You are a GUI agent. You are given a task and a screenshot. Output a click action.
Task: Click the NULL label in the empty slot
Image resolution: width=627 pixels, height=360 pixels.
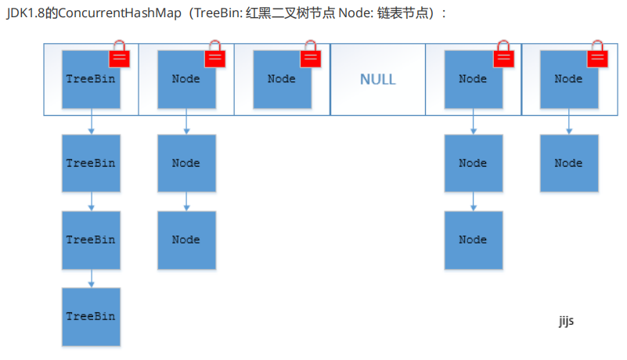(377, 79)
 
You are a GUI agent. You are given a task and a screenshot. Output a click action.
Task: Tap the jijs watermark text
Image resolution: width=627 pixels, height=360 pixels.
(566, 321)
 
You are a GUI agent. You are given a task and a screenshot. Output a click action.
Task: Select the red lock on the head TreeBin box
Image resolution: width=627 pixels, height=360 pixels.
(119, 56)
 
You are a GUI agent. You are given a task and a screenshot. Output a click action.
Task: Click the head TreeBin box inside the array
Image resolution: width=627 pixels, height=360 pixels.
(91, 79)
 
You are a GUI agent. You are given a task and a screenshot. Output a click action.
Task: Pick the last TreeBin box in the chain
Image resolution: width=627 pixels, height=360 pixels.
(91, 317)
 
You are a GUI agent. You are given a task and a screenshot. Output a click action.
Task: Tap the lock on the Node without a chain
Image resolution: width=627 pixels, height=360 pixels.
(310, 56)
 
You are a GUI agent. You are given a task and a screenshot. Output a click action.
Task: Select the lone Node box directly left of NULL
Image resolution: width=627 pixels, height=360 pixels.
(282, 79)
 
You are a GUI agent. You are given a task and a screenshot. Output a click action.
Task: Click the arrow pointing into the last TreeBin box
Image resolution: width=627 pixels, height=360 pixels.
(92, 278)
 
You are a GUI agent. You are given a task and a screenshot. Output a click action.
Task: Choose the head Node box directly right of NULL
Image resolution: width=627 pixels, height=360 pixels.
(473, 79)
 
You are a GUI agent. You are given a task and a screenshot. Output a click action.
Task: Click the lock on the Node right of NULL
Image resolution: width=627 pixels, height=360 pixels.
(502, 56)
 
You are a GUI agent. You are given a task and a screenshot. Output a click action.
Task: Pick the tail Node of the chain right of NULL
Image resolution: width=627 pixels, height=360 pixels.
(473, 240)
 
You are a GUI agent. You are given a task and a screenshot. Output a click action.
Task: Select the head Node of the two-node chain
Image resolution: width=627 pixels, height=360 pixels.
(568, 79)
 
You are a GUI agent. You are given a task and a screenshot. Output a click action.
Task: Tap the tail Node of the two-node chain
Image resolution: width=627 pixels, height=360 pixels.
(568, 164)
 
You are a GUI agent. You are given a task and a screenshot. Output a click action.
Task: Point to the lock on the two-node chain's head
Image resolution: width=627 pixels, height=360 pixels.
(597, 56)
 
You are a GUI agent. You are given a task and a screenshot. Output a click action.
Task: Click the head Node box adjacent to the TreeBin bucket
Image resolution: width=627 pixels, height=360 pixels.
(186, 79)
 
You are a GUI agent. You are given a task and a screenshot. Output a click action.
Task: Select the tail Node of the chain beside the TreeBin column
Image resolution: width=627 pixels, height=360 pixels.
(186, 240)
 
